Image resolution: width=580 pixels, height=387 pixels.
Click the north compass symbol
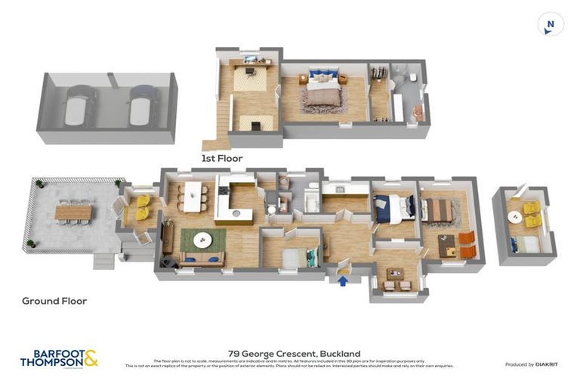tap(551, 24)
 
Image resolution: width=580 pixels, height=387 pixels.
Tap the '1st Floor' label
tap(222, 159)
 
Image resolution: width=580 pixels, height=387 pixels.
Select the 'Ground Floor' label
tap(54, 301)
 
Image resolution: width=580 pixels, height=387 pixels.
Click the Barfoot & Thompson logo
tap(59, 358)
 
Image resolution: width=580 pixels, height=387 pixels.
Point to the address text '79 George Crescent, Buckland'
tap(294, 354)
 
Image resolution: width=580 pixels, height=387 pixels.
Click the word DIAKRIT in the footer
tap(546, 365)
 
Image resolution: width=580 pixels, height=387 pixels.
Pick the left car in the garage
tap(79, 106)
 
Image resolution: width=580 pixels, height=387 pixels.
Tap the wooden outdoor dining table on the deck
tap(73, 212)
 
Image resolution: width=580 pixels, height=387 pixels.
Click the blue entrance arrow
tap(344, 281)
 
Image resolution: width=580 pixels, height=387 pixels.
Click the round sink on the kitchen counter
tap(236, 213)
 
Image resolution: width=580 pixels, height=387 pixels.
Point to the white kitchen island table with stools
tap(194, 196)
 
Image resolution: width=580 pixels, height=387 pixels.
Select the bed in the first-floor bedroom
tap(322, 93)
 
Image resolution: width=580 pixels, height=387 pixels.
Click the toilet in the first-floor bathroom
tap(405, 76)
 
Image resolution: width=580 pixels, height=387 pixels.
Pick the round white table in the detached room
tap(515, 217)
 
